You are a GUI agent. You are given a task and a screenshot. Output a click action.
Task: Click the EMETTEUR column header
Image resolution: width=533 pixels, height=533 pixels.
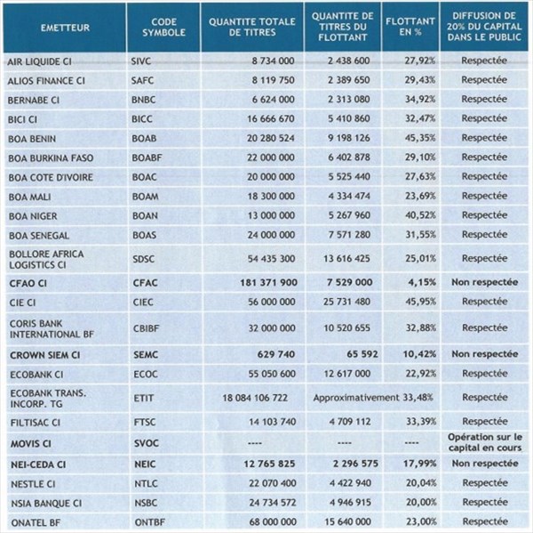[65, 28]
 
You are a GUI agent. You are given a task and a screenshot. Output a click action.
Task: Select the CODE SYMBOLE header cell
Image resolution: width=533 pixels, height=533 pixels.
[163, 28]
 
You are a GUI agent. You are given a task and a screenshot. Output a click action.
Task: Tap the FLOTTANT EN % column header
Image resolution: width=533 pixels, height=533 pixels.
[410, 27]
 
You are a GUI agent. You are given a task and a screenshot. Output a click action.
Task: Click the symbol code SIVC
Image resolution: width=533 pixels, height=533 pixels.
[141, 61]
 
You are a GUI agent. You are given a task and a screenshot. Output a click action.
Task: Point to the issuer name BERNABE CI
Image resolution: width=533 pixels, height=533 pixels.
[34, 101]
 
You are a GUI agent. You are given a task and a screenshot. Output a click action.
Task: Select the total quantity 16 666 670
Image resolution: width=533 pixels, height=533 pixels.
[271, 119]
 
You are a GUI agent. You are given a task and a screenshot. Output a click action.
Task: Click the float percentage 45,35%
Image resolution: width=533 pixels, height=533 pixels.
[420, 138]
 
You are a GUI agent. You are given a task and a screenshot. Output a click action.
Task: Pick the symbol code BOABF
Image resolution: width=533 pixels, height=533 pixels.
[147, 157]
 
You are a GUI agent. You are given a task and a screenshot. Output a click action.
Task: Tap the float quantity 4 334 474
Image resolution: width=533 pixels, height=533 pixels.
[349, 196]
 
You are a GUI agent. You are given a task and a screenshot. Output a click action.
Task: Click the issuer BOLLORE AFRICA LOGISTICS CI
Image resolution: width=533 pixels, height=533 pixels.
[46, 259]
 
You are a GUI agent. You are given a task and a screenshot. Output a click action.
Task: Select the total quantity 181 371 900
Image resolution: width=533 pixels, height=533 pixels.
[268, 282]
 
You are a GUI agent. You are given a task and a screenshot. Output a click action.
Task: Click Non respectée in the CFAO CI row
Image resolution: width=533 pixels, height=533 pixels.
[485, 282]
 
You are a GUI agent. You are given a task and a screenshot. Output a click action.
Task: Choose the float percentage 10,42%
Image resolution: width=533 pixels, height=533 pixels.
[419, 354]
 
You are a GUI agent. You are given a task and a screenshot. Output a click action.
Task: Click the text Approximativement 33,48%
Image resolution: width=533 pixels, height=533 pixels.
[373, 398]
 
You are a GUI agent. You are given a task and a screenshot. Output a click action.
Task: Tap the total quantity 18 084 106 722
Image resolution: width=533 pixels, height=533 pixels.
[255, 398]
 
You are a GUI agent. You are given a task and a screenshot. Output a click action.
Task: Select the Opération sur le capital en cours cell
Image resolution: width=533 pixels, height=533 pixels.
[485, 442]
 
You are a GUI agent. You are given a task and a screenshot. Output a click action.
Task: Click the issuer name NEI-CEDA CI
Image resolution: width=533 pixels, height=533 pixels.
[38, 464]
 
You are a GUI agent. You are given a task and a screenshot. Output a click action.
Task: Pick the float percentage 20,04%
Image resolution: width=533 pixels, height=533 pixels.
[421, 483]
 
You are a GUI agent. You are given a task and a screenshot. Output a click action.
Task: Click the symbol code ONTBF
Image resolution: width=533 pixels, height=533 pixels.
[150, 522]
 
